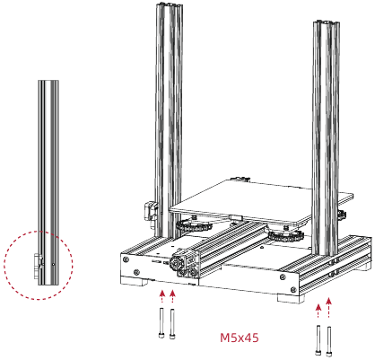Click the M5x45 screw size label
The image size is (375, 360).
coord(240,338)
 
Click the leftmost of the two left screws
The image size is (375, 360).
coord(160,323)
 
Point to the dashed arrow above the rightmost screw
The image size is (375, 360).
coord(330,310)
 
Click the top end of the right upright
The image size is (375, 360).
coord(327,24)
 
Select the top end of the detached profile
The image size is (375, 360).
coord(48,83)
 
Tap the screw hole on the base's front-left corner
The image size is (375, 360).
coord(134,269)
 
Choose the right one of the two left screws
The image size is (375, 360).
coord(171,323)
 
